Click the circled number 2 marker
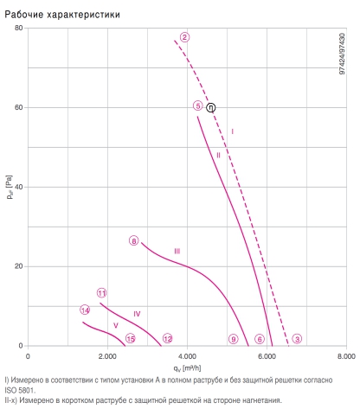point(184,37)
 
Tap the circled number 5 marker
point(198,105)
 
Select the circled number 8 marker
point(134,240)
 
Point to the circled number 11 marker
point(102,293)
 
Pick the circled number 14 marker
point(85,310)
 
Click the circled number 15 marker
point(131,339)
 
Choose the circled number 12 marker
point(168,338)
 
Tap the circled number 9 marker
point(234,339)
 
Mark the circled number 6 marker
point(260,339)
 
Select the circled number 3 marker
point(297,339)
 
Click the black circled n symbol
point(211,107)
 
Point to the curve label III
point(177,252)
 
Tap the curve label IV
point(137,314)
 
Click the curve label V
point(116,325)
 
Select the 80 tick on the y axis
point(18,28)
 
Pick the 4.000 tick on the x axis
point(187,356)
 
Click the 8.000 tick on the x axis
point(346,356)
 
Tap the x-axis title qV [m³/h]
point(187,368)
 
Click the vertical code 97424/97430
point(342,54)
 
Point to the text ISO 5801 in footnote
point(19,390)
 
